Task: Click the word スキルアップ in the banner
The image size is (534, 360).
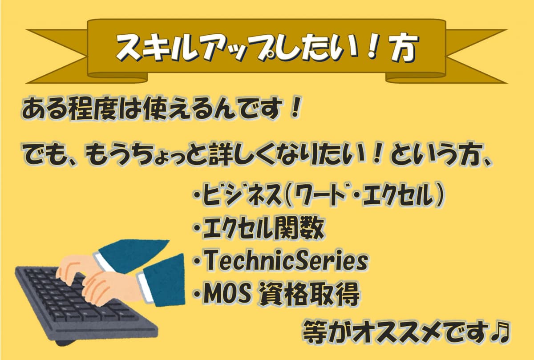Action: coord(191,48)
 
